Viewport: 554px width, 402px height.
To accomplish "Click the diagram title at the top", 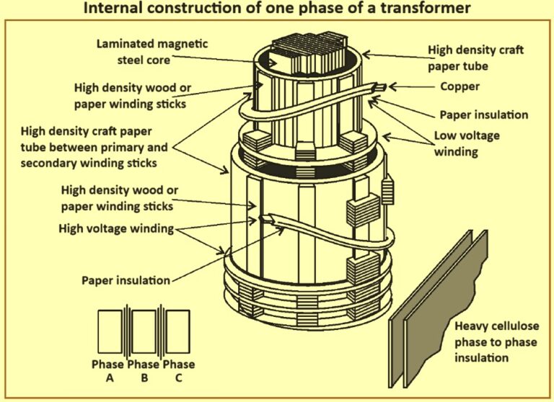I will coord(277,9).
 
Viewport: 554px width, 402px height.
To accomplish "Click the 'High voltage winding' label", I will coord(116,229).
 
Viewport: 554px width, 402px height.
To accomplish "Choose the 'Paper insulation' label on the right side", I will coord(484,115).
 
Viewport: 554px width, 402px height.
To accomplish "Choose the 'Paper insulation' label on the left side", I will coord(126,280).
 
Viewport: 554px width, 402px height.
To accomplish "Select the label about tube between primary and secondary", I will coord(94,147).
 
